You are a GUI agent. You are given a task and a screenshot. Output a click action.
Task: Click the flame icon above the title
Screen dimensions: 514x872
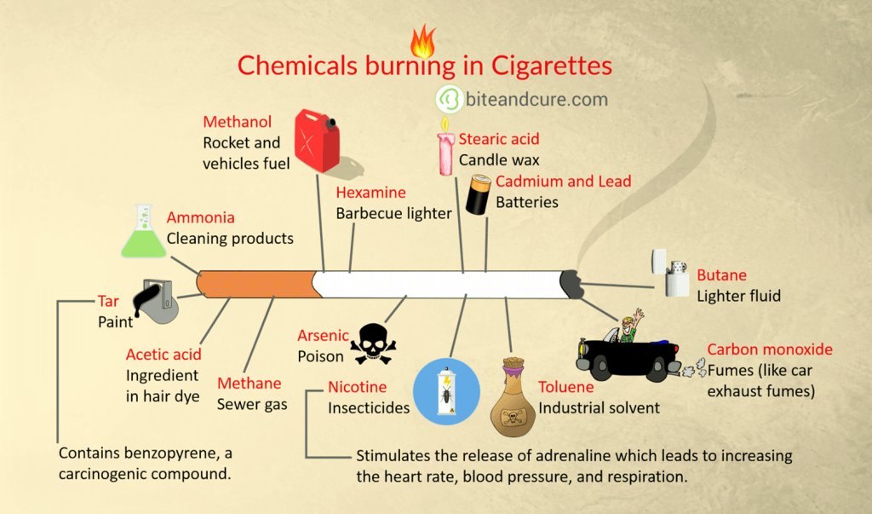[422, 39]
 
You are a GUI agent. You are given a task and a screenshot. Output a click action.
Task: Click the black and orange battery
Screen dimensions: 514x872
[479, 194]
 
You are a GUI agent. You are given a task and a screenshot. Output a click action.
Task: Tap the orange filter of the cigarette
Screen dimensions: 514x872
[260, 285]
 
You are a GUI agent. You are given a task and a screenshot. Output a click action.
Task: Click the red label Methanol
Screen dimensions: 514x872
[237, 123]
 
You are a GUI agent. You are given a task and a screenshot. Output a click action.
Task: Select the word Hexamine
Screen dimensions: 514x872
[370, 193]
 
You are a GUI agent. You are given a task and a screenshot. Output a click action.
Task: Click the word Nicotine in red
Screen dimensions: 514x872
[358, 388]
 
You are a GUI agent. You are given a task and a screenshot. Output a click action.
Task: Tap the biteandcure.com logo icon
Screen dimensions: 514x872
[449, 100]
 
